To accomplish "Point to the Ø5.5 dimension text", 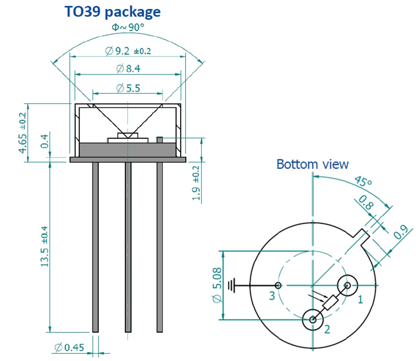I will [128, 88].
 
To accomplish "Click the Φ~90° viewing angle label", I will [128, 27].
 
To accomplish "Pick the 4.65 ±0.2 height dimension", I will [22, 133].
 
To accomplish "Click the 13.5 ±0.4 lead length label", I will [45, 246].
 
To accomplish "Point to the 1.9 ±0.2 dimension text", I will [196, 183].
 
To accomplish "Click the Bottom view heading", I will [312, 164].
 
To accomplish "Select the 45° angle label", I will [363, 181].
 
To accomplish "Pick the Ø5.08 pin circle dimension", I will [217, 285].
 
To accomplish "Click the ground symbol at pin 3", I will [231, 286].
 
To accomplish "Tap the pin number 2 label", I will [327, 329].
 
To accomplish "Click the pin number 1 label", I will [360, 299].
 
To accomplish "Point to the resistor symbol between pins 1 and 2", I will [330, 302].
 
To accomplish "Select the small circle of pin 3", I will [278, 286].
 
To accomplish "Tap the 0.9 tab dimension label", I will [400, 232].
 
